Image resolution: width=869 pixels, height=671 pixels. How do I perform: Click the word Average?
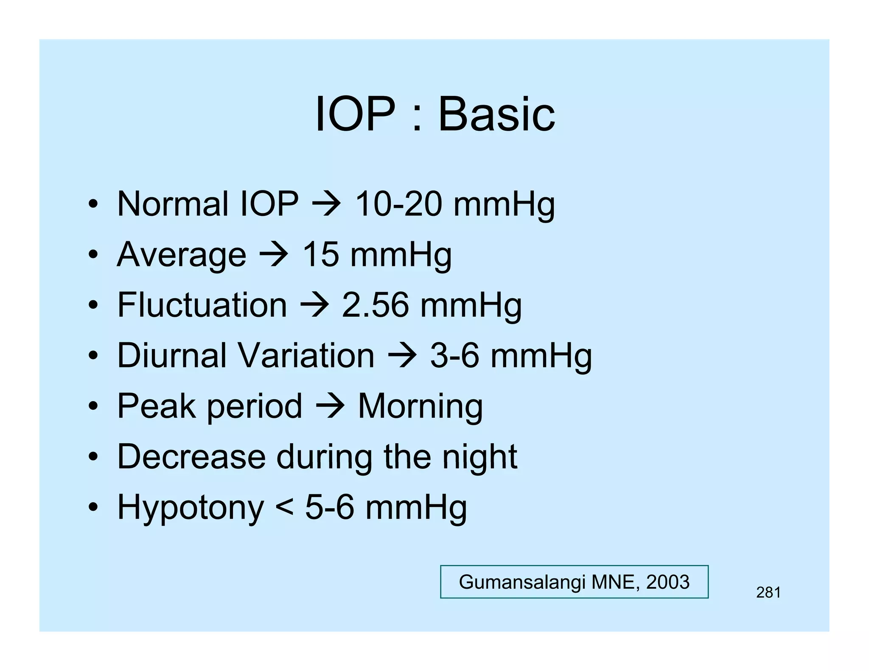(181, 255)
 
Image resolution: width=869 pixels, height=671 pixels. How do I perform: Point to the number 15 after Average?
(320, 254)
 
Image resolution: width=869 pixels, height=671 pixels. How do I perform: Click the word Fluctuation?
(202, 305)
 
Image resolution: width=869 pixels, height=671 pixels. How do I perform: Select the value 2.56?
(376, 305)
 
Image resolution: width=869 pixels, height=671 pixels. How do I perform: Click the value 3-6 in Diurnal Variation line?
(454, 355)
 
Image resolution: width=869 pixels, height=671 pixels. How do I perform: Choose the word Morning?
(420, 406)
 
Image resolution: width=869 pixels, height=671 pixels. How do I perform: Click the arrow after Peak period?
(330, 406)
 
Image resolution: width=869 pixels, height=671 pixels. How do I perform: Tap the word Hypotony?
(191, 507)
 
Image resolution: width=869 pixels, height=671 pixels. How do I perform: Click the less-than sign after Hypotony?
(284, 507)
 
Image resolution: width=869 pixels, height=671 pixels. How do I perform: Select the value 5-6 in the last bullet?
(329, 507)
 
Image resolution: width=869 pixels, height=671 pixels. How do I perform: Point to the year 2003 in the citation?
(667, 582)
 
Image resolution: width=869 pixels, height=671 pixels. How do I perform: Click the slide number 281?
(768, 593)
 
